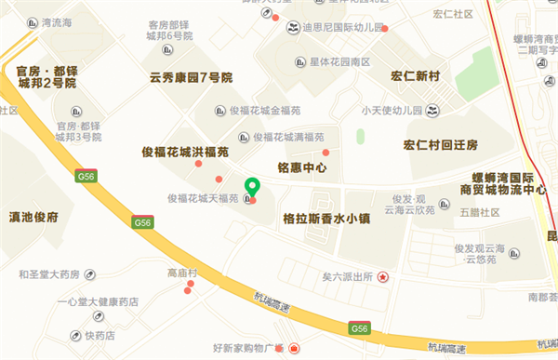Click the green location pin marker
pos(250,187)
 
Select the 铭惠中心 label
pos(302,168)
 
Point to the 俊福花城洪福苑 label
pos(184,151)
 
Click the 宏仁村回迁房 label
pos(440,145)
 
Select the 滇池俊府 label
pos(33,217)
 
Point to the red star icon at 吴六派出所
pos(381,276)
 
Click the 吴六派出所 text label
pos(347,276)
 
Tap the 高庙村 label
pos(182,273)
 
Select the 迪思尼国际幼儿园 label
pos(341,28)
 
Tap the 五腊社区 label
pos(479,213)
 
